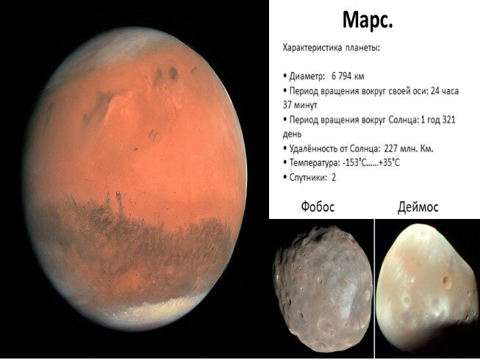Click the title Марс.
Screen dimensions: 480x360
[x=368, y=20]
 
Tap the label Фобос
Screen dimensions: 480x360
[x=318, y=206]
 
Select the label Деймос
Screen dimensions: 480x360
[x=418, y=207]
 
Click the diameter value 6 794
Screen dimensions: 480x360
[x=341, y=76]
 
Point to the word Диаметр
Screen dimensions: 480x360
[x=307, y=76]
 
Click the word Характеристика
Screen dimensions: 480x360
[x=312, y=48]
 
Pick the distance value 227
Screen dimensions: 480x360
[x=390, y=148]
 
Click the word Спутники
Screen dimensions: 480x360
[x=308, y=177]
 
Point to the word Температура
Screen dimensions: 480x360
[x=315, y=162]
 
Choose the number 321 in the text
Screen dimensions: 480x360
[x=448, y=120]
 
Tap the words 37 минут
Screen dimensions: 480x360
[x=300, y=105]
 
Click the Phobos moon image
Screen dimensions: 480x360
[x=323, y=288]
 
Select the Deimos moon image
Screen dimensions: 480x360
[x=427, y=289]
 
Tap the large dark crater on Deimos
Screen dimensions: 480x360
[x=447, y=281]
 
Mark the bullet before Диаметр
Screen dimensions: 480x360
[x=285, y=76]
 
